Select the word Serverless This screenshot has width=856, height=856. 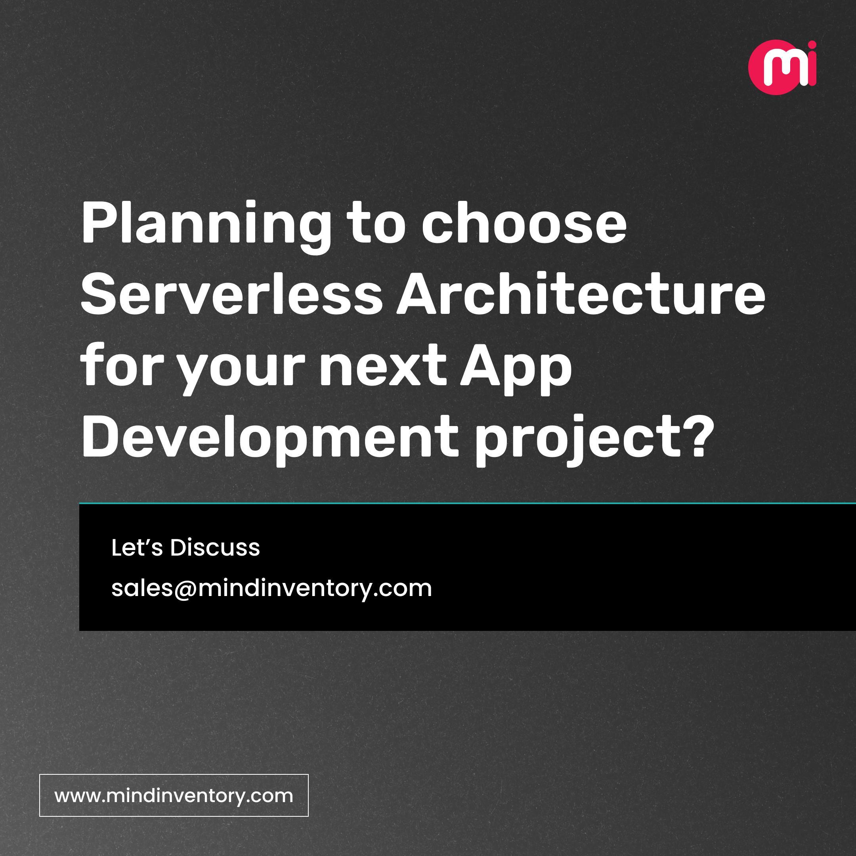230,294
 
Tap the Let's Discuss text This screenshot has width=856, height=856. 185,548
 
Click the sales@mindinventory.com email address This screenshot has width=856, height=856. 271,588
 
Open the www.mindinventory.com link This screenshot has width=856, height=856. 174,795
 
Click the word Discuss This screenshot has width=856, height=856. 215,548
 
